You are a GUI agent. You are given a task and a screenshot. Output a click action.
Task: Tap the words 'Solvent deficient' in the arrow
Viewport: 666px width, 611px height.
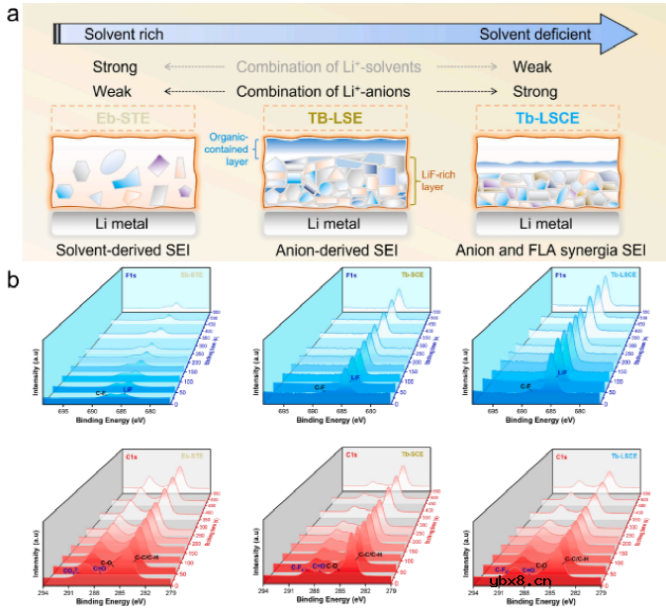[535, 35]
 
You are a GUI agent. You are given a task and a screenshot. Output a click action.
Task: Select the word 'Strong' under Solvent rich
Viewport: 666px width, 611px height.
[114, 67]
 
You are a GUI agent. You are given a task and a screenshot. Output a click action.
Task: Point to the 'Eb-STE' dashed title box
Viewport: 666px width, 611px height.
[124, 119]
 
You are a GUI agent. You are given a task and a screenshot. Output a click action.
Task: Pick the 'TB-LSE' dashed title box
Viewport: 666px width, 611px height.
[329, 119]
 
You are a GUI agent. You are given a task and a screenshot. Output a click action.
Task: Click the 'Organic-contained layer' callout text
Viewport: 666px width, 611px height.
[230, 149]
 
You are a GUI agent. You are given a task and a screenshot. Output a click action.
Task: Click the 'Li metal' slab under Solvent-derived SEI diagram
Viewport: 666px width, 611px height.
[123, 223]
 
